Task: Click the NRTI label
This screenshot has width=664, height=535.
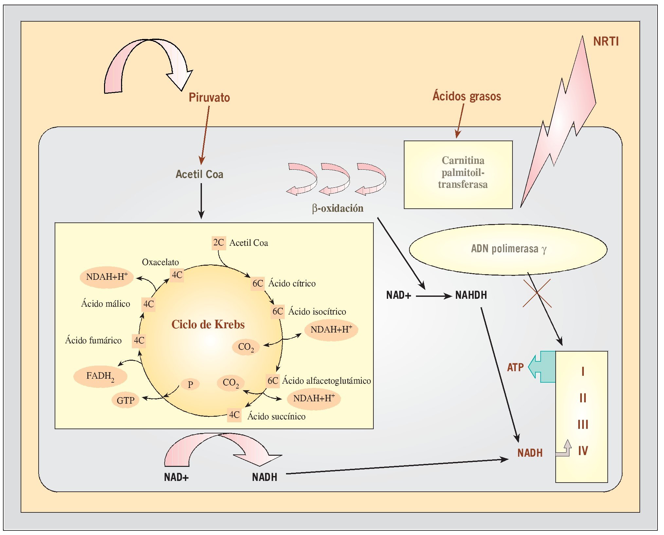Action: pyautogui.click(x=606, y=42)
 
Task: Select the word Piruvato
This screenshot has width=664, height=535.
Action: pyautogui.click(x=209, y=97)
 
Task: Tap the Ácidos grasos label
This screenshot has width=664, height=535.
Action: pyautogui.click(x=467, y=96)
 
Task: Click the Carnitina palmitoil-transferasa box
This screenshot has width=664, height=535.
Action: pyautogui.click(x=458, y=174)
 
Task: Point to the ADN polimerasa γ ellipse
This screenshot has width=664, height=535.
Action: pyautogui.click(x=508, y=249)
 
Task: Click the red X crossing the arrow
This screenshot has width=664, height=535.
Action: pyautogui.click(x=537, y=293)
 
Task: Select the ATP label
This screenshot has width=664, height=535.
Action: pyautogui.click(x=515, y=367)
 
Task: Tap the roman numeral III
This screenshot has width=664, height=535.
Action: pyautogui.click(x=583, y=425)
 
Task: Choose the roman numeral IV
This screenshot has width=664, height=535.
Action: pyautogui.click(x=583, y=451)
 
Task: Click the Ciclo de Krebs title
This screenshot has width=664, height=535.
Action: pyautogui.click(x=208, y=324)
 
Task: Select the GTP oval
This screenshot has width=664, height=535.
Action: pyautogui.click(x=126, y=400)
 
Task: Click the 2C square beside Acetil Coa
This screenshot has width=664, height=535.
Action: pyautogui.click(x=219, y=243)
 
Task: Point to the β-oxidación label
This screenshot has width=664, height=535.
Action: pyautogui.click(x=338, y=208)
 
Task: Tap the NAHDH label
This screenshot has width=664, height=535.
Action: pyautogui.click(x=471, y=295)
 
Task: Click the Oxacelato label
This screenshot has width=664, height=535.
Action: pyautogui.click(x=160, y=262)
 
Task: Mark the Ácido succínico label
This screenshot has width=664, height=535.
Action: pyautogui.click(x=277, y=416)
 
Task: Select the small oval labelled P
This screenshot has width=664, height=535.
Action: pyautogui.click(x=190, y=384)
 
